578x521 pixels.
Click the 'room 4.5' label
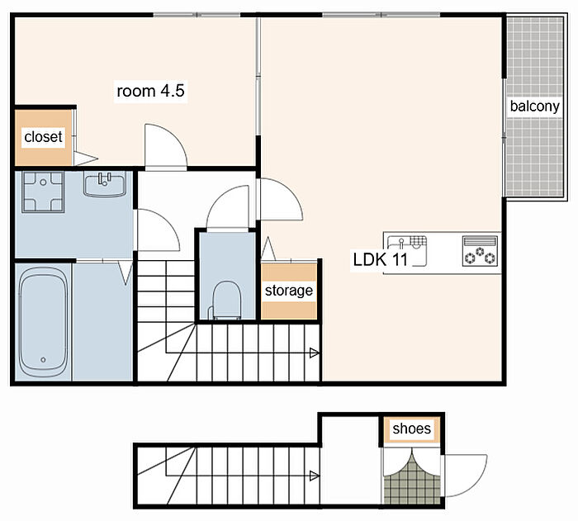click(150, 91)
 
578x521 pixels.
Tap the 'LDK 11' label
click(380, 259)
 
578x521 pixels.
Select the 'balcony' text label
click(534, 107)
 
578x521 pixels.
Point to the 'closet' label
click(43, 137)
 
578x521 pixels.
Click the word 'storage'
click(289, 291)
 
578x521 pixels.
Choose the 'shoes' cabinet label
click(411, 429)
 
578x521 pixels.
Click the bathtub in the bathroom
click(43, 321)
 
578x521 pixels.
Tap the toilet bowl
click(226, 300)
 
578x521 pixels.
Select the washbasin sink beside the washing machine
click(105, 183)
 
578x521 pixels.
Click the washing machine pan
click(43, 192)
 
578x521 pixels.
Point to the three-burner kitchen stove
click(479, 252)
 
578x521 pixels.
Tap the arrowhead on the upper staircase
click(314, 353)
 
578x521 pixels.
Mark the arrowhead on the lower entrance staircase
click(314, 476)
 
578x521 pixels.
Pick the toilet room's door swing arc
click(220, 198)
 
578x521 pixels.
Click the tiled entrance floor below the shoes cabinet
click(412, 483)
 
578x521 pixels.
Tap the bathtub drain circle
click(43, 359)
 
